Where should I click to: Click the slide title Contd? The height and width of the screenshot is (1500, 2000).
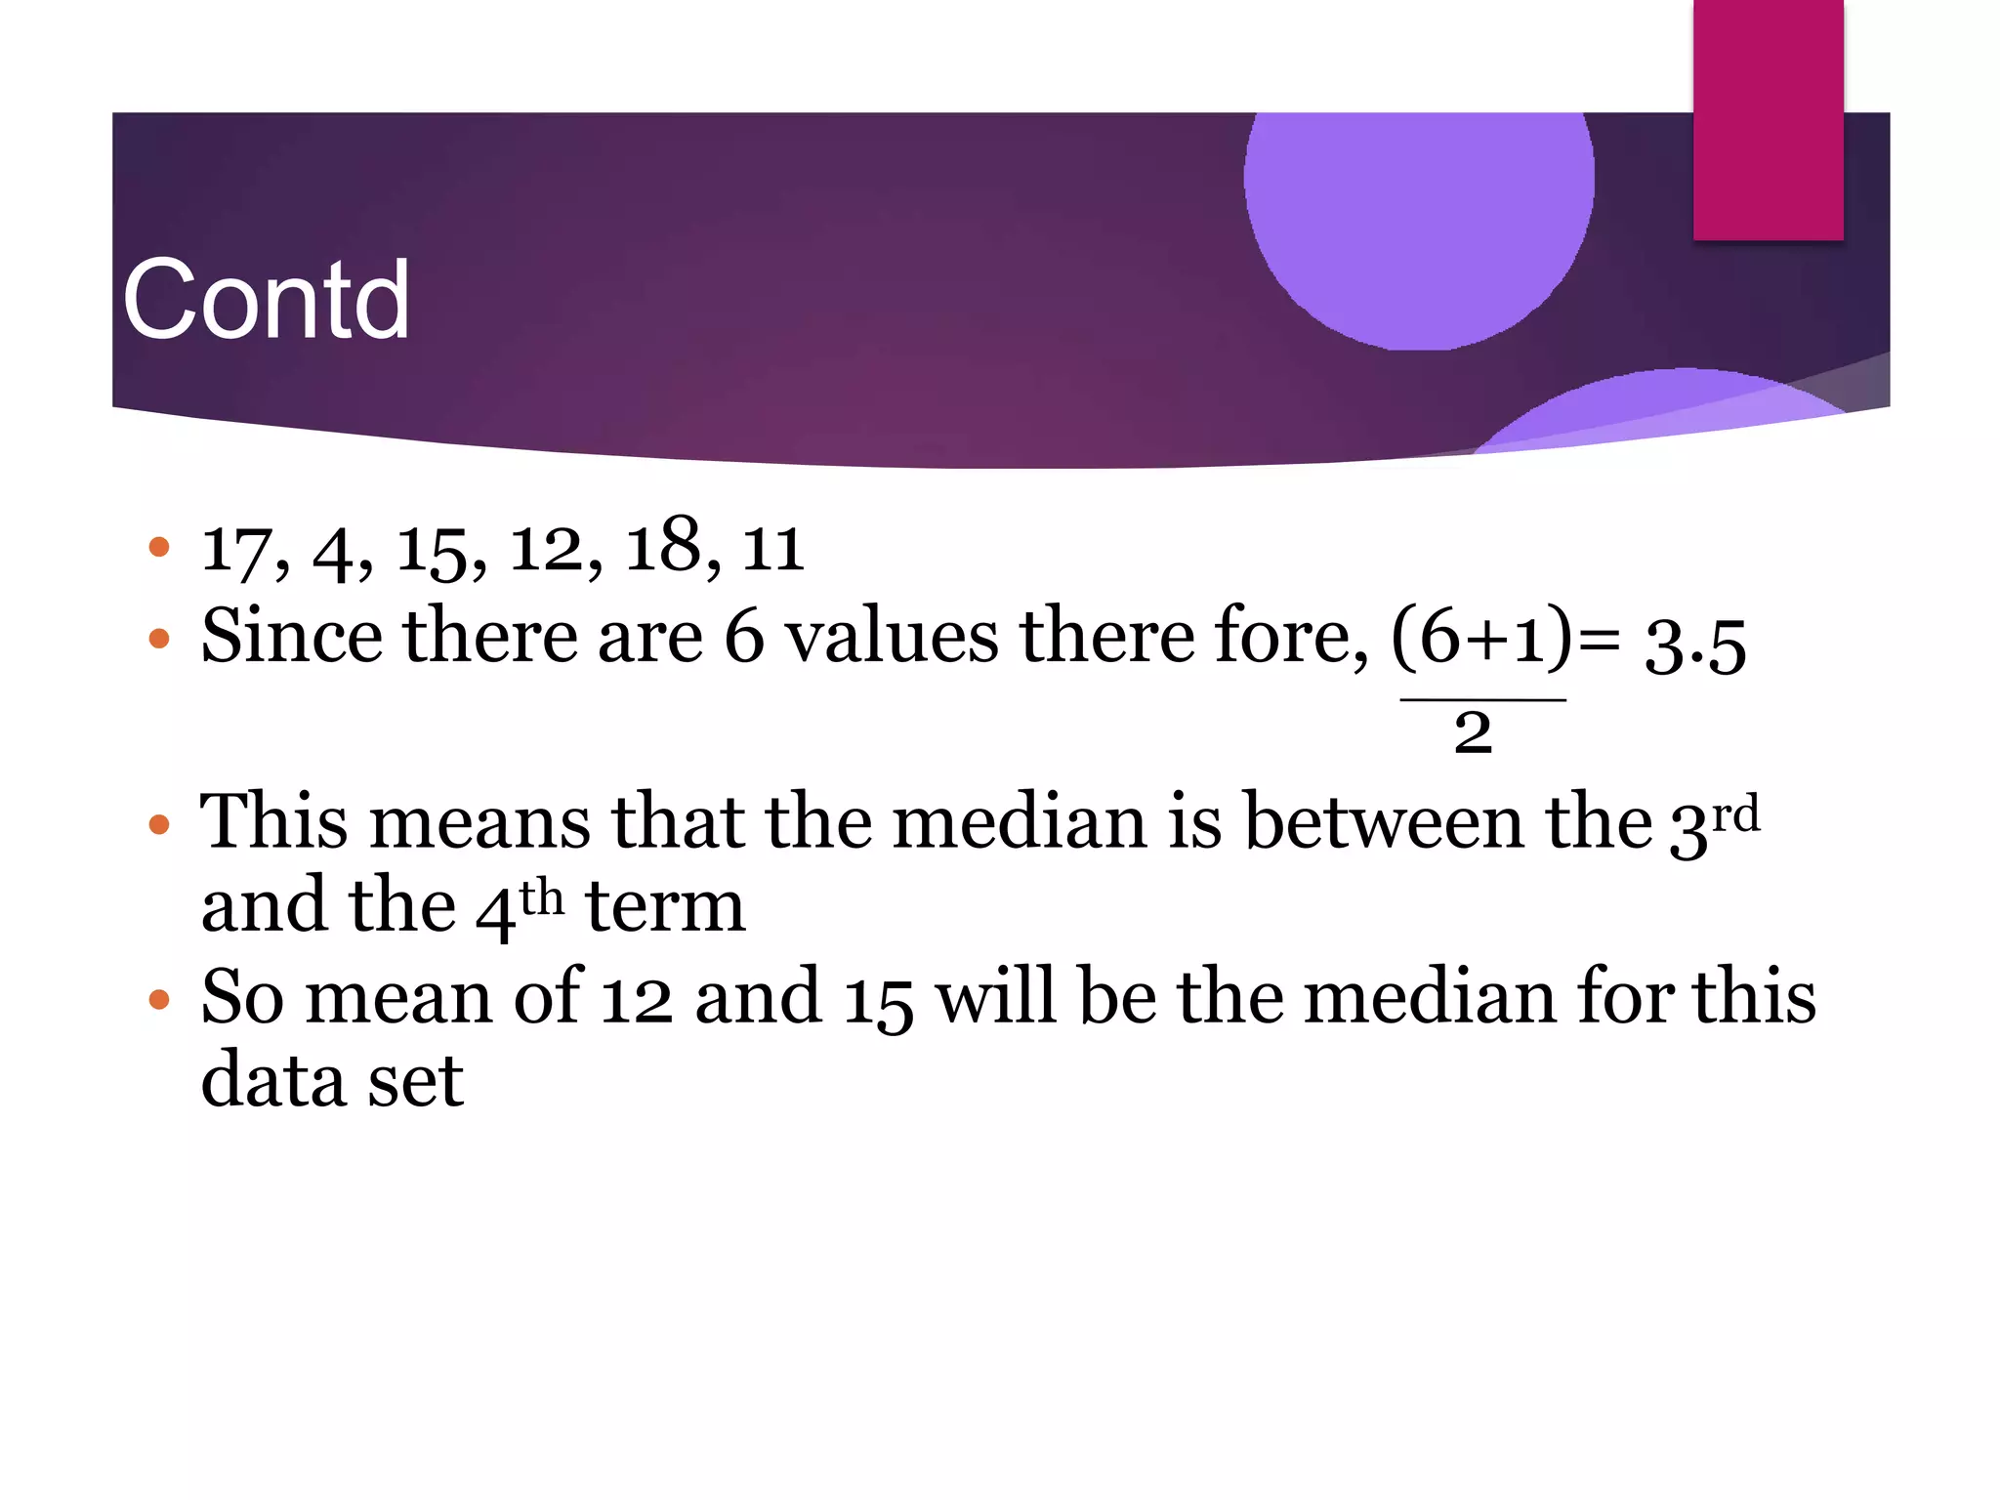pyautogui.click(x=266, y=300)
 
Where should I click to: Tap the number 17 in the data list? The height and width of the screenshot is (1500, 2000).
pyautogui.click(x=234, y=550)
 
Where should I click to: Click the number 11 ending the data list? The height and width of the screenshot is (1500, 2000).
pyautogui.click(x=772, y=550)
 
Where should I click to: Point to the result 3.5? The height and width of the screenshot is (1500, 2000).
pyautogui.click(x=1695, y=646)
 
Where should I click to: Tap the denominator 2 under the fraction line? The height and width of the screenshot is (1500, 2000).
pyautogui.click(x=1473, y=732)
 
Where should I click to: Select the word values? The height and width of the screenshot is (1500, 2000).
pyautogui.click(x=892, y=637)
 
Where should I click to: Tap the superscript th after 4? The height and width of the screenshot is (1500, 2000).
pyautogui.click(x=541, y=896)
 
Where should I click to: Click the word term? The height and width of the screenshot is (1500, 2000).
pyautogui.click(x=665, y=906)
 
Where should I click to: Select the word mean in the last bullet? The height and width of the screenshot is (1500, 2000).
pyautogui.click(x=398, y=997)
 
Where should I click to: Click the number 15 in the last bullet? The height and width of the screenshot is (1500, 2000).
pyautogui.click(x=878, y=1000)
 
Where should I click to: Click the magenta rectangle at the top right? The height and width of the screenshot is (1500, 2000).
pyautogui.click(x=1768, y=120)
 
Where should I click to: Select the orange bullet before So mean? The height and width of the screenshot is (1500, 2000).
pyautogui.click(x=159, y=1000)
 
